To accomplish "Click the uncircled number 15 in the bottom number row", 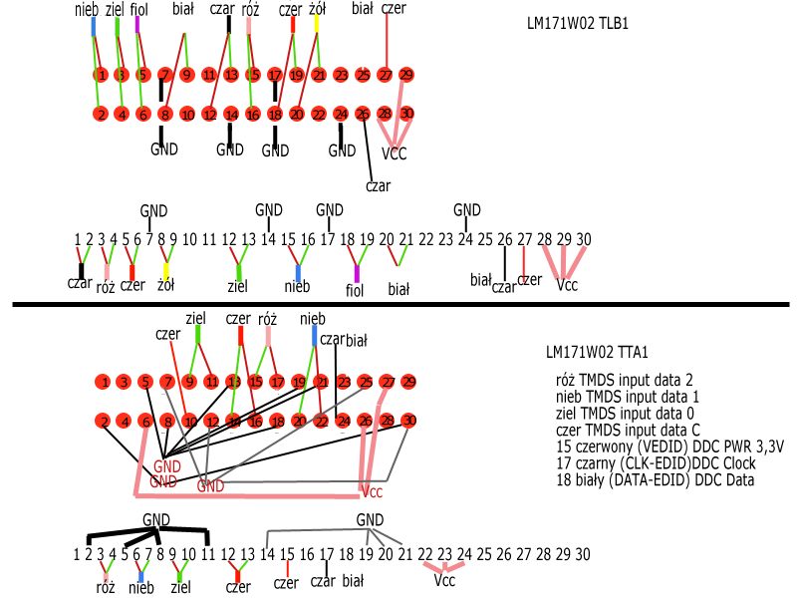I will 287,554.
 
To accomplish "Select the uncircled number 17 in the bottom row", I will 327,554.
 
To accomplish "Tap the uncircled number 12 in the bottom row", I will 228,554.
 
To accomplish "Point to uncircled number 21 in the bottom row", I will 404,554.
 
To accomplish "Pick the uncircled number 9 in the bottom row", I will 172,554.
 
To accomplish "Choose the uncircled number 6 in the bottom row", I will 136,554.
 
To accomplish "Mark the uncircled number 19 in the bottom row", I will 366,554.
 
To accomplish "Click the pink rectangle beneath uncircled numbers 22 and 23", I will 443,567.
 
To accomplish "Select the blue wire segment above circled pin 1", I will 94,25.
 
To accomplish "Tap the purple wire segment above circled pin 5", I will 136,24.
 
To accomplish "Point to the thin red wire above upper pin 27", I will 387,40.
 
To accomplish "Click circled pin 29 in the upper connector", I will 406,75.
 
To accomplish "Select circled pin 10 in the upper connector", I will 187,115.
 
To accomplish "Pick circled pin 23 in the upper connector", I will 341,75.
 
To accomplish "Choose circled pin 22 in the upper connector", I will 319,115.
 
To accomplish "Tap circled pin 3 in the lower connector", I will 124,382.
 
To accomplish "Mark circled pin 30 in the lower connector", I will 408,421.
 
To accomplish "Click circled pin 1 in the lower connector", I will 103,382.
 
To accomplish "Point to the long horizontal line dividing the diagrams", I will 398,304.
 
